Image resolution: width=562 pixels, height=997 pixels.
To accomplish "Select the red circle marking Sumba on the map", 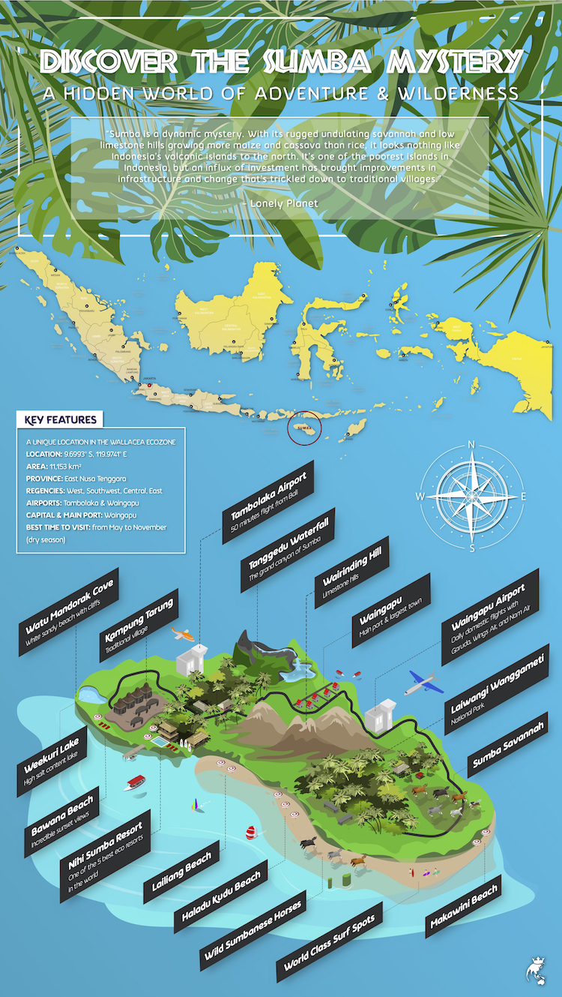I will pyautogui.click(x=303, y=428).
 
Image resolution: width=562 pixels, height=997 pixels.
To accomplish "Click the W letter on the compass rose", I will pyautogui.click(x=420, y=497).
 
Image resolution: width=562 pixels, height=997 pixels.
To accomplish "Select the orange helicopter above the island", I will pyautogui.click(x=182, y=634).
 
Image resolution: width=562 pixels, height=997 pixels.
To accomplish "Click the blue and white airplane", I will pyautogui.click(x=423, y=683).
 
